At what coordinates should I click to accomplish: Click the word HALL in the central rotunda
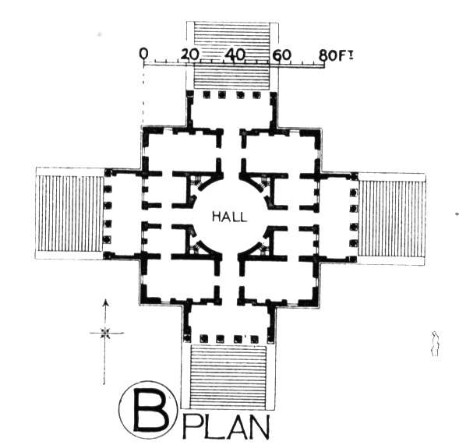(x=229, y=217)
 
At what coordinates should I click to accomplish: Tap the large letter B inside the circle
(x=151, y=410)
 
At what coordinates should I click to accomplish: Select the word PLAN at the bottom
(x=225, y=427)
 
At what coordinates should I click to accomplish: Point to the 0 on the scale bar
(x=143, y=54)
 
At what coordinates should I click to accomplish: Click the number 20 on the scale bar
(x=189, y=55)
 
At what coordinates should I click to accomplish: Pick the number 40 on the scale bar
(x=235, y=55)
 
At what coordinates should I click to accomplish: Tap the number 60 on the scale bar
(x=282, y=55)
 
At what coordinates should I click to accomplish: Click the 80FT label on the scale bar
(x=336, y=55)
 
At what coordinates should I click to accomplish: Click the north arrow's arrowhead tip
(x=106, y=299)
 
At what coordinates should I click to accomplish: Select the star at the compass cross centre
(x=105, y=333)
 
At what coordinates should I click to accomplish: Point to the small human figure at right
(x=436, y=344)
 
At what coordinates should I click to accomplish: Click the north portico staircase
(x=232, y=55)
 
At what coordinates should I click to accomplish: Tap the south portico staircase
(x=228, y=376)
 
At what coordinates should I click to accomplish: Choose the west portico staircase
(x=69, y=213)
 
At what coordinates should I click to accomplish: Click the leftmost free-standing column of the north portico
(x=207, y=95)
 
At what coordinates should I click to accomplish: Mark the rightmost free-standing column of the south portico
(x=254, y=339)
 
